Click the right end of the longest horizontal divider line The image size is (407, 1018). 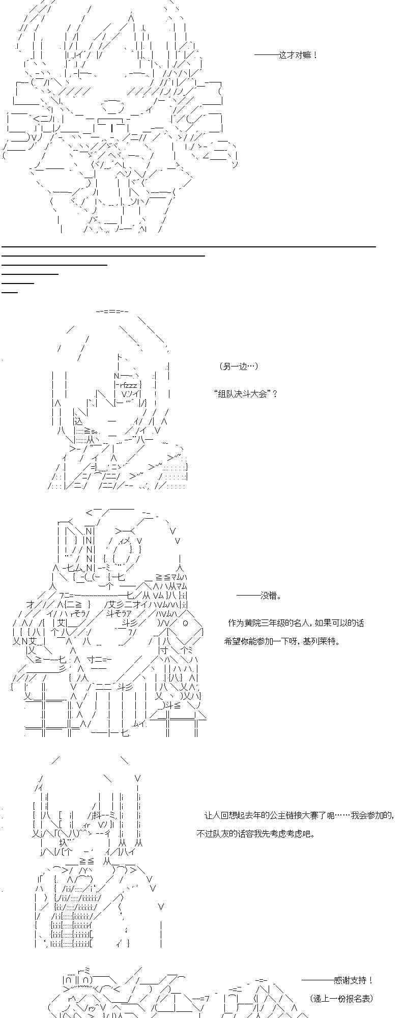pyautogui.click(x=375, y=246)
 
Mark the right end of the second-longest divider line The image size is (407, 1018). pyautogui.click(x=205, y=256)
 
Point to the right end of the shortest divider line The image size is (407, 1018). pyautogui.click(x=18, y=292)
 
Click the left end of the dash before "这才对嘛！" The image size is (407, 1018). pyautogui.click(x=254, y=55)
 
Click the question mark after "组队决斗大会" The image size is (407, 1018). pyautogui.click(x=275, y=393)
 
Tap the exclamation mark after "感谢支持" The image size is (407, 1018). pyautogui.click(x=371, y=980)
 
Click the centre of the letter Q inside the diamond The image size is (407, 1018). pyautogui.click(x=185, y=623)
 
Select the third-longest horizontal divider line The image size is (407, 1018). pyautogui.click(x=54, y=265)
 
